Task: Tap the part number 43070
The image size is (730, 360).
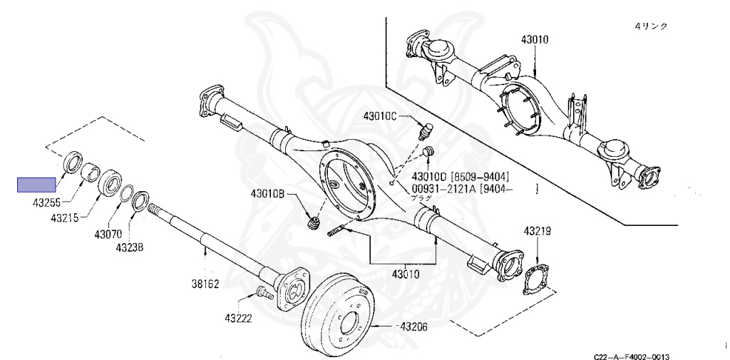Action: (x=108, y=234)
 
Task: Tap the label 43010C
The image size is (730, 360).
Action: (x=384, y=116)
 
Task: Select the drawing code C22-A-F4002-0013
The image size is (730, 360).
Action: (x=632, y=355)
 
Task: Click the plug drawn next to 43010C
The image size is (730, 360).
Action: (x=425, y=131)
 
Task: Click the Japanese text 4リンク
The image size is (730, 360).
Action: (x=651, y=26)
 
